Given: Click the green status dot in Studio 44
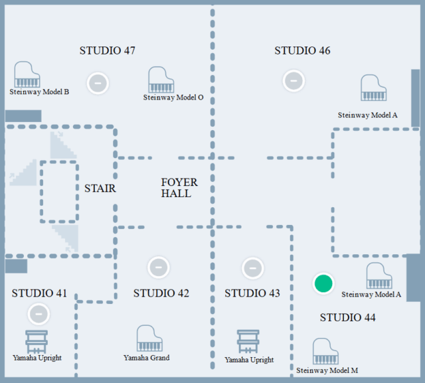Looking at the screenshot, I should [323, 283].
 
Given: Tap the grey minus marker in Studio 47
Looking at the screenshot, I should [98, 83].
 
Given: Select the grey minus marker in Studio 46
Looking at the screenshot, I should [293, 80].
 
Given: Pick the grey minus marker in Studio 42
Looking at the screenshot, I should [158, 267].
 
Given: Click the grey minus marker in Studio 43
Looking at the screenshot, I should [252, 268].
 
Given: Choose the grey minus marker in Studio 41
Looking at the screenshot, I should [39, 313].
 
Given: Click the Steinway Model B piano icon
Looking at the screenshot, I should [27, 75].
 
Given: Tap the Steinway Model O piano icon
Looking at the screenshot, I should [161, 80].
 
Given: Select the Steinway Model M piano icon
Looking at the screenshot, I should [326, 352].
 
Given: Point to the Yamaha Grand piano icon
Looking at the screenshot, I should [149, 339].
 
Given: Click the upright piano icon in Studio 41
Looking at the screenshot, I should [37, 341].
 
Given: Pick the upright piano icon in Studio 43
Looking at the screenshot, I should [249, 343].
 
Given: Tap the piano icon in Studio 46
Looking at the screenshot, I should [373, 88].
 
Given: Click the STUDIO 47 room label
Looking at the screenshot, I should [108, 50].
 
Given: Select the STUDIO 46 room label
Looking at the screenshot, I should [302, 50].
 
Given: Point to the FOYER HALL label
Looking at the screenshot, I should [179, 188].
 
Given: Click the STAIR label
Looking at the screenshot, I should [100, 189].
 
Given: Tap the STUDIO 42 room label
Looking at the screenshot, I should [161, 293].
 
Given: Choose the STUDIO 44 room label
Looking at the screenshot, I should [348, 318].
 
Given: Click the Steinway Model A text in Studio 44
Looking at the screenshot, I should [371, 294].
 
